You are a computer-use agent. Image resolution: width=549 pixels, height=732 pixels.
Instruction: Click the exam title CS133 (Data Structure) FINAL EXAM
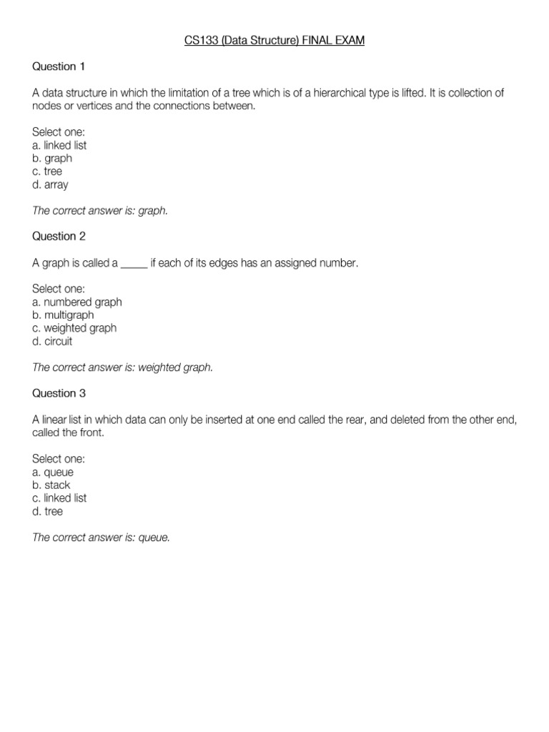tap(274, 41)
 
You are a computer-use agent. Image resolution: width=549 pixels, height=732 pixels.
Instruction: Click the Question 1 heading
tap(59, 66)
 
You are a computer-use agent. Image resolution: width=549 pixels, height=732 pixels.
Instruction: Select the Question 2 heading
tap(59, 236)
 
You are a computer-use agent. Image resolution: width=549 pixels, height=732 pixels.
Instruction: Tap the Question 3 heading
tap(59, 392)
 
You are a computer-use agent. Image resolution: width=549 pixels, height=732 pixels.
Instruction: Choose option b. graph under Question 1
tap(52, 158)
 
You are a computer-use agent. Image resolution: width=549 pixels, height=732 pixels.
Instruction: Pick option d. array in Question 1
tap(51, 184)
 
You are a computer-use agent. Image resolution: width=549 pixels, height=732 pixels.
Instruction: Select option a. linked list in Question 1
tap(60, 145)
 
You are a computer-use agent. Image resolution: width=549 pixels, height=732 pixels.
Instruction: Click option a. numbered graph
tap(77, 302)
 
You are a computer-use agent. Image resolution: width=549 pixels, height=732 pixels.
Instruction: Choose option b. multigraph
tap(63, 315)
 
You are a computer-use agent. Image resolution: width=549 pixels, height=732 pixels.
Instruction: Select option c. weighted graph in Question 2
tap(74, 328)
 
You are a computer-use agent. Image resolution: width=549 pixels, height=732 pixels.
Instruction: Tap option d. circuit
tap(52, 341)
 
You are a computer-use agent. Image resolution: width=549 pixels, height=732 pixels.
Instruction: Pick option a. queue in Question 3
tap(53, 472)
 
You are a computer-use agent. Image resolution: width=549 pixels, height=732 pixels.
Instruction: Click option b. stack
tap(51, 485)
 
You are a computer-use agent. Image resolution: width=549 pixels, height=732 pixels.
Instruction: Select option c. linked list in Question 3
tap(60, 498)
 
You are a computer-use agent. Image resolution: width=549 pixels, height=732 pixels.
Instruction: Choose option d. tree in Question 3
tap(48, 511)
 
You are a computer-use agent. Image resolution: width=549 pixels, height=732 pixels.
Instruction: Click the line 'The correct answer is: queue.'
tap(102, 538)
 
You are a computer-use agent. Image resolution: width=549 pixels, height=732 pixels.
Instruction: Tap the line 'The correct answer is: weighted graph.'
tap(123, 367)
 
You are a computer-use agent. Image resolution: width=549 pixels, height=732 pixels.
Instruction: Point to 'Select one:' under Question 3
tap(59, 459)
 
